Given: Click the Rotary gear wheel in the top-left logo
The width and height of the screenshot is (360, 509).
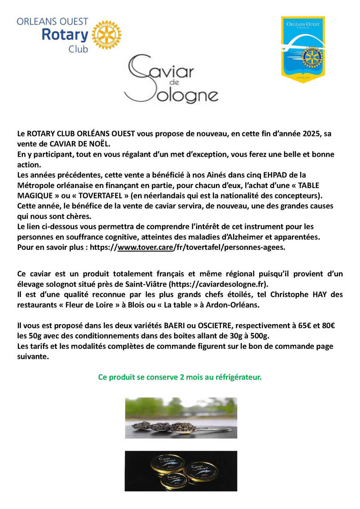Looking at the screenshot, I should click(x=106, y=35).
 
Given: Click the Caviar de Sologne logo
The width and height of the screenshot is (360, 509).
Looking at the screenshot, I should click(x=171, y=78).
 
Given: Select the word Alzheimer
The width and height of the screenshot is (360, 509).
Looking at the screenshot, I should click(x=243, y=237).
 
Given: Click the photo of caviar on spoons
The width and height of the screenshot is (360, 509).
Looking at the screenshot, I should click(x=181, y=418).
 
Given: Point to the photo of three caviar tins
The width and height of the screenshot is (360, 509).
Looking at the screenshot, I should click(x=181, y=471).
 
